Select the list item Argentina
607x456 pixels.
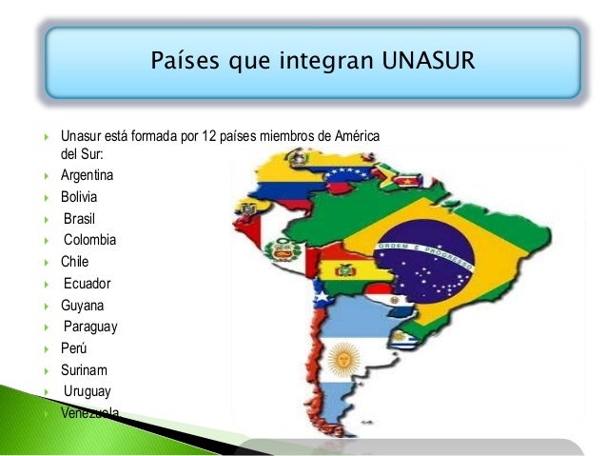tap(87, 176)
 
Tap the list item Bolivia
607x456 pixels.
tap(79, 198)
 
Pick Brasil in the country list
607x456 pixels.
tap(80, 219)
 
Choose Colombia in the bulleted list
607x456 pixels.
tap(89, 240)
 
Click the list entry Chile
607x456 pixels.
tap(75, 261)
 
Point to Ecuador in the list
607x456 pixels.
tap(88, 283)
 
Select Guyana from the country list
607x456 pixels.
tap(83, 305)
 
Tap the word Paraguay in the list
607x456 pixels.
tap(90, 327)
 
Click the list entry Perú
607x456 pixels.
tap(74, 348)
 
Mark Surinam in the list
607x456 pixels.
tap(85, 370)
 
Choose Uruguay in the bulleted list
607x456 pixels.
tap(88, 391)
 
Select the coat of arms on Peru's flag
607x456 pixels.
tap(283, 252)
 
